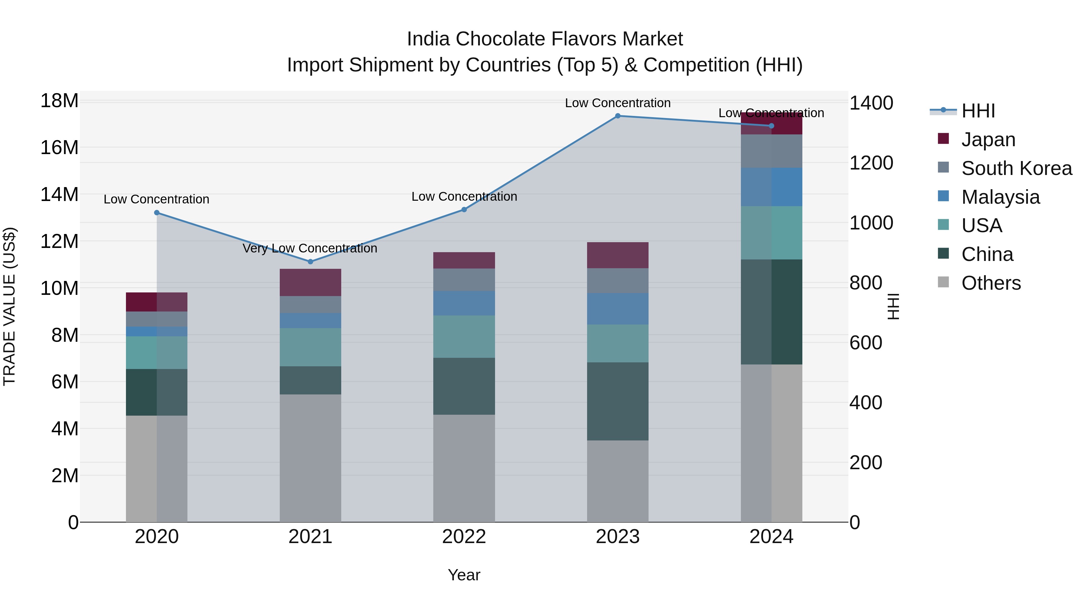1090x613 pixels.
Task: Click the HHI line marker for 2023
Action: tap(617, 116)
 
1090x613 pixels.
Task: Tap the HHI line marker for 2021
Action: tap(310, 262)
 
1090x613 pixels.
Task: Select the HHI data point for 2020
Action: tap(157, 213)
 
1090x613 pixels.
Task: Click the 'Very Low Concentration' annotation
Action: tap(310, 248)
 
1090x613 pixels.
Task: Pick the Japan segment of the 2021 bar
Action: tap(310, 283)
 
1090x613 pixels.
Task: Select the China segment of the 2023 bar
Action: tap(617, 401)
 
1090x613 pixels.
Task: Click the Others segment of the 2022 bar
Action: tap(464, 468)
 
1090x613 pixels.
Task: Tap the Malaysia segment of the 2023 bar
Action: tap(617, 309)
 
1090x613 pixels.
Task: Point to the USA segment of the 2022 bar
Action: tap(464, 336)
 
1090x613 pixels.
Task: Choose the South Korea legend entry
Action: tap(1016, 168)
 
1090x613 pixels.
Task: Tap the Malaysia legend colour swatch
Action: tap(943, 196)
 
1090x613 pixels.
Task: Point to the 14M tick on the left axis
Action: tap(59, 195)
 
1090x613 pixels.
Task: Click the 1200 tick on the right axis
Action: tap(871, 163)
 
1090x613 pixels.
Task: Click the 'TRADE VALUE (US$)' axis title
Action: tap(9, 306)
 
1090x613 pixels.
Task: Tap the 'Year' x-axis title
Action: tap(464, 575)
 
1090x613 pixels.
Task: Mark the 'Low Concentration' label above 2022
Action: tap(464, 197)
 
